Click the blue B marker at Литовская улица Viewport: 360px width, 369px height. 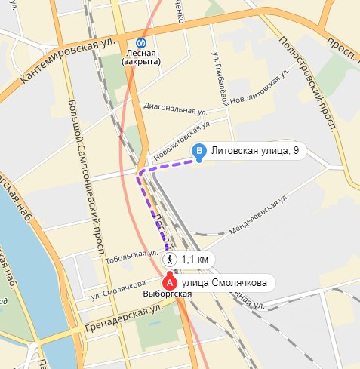[199, 152]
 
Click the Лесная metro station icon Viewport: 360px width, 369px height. [141, 43]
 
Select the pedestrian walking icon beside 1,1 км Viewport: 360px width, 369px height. [170, 259]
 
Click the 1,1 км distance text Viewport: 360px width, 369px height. [194, 260]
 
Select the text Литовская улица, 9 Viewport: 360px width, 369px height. [255, 152]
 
